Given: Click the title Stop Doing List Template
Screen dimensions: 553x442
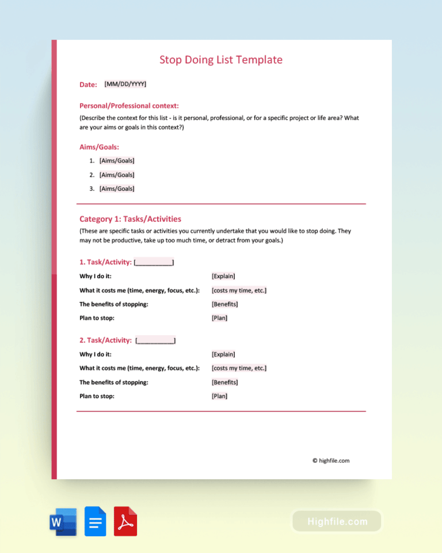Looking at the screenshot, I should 220,60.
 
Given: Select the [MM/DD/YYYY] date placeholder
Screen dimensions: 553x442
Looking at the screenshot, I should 125,84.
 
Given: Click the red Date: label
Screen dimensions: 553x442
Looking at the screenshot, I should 88,85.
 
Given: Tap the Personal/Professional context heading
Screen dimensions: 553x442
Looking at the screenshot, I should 129,105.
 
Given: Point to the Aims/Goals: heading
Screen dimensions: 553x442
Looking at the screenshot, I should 99,147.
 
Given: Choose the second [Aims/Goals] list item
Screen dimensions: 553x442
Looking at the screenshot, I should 117,175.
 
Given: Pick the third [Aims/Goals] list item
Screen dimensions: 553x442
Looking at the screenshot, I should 117,188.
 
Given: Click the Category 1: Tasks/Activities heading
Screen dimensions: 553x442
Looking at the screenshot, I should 130,219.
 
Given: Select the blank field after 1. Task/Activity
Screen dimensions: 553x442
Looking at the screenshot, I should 154,263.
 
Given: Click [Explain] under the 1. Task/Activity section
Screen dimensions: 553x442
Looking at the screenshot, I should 223,276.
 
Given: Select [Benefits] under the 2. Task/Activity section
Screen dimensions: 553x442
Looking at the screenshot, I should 225,382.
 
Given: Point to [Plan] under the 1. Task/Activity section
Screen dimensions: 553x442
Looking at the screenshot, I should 219,318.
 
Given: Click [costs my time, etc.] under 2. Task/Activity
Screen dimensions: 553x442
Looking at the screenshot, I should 239,368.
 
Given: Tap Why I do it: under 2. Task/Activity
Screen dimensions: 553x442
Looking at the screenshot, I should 96,354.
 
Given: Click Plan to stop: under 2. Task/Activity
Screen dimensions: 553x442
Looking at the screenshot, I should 97,396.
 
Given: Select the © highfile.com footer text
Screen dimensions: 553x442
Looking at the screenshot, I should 331,460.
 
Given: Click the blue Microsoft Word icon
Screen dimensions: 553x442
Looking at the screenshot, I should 63,521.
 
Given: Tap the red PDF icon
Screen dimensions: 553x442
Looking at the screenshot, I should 125,521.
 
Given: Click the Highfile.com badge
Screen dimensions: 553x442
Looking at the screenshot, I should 337,521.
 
